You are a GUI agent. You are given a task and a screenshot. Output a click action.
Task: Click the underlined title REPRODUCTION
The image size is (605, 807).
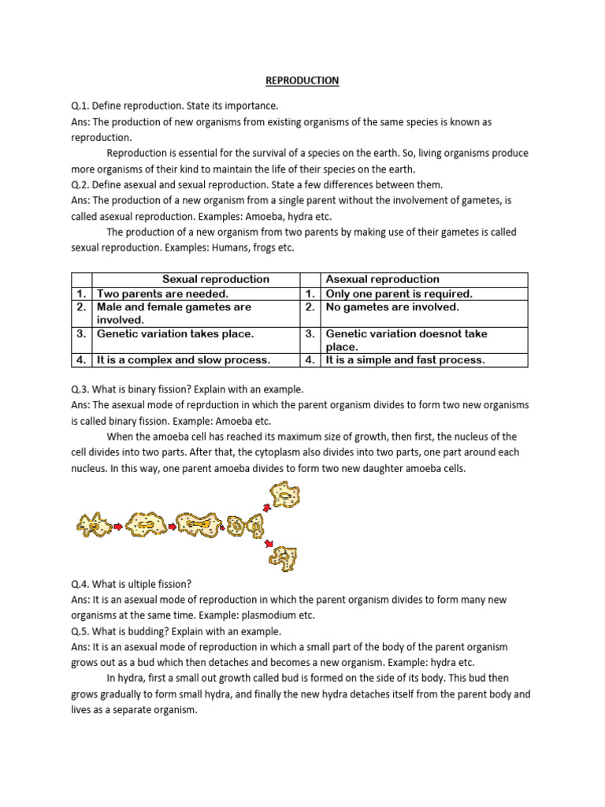click(x=302, y=80)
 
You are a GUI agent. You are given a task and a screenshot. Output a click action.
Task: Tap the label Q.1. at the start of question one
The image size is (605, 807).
click(x=80, y=106)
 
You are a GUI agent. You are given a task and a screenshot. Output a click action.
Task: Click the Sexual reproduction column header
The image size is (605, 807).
click(x=215, y=279)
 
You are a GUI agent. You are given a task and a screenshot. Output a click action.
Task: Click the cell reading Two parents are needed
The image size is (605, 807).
click(x=162, y=293)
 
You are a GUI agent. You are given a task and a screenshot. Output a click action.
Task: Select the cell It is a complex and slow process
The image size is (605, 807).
click(x=184, y=360)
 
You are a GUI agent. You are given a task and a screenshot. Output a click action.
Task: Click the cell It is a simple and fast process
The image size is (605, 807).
click(x=405, y=360)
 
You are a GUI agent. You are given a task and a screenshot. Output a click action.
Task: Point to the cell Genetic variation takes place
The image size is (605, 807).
click(x=175, y=333)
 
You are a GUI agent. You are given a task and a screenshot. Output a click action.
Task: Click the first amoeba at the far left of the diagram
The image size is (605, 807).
click(x=94, y=524)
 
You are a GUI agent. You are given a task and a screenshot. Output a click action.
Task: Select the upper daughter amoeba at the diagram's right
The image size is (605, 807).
click(x=284, y=496)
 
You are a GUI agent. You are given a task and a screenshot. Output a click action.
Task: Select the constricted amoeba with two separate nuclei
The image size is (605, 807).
click(x=245, y=524)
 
